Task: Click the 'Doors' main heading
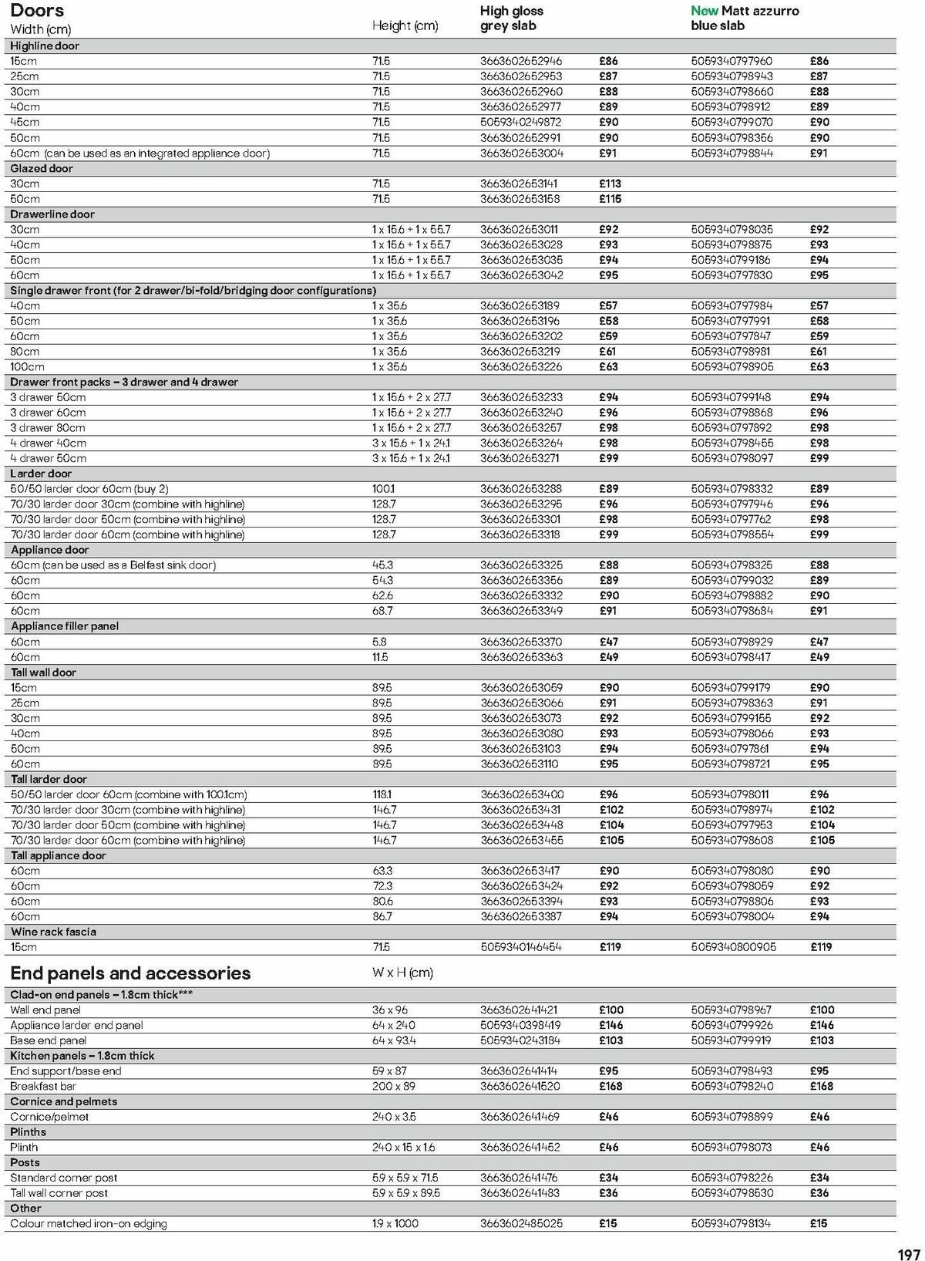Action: click(37, 11)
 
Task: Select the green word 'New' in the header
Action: click(704, 11)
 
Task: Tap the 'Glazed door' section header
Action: click(42, 168)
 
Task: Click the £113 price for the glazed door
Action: click(609, 184)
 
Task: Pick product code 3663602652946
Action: click(521, 61)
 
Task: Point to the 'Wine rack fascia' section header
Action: click(53, 932)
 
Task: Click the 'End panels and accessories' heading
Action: click(130, 973)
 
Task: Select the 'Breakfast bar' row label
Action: click(41, 1086)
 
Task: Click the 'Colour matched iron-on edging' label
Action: click(88, 1223)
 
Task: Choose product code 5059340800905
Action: click(733, 947)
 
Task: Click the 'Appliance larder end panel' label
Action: click(76, 1025)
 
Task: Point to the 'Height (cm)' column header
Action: click(405, 25)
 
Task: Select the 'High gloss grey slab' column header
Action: click(511, 19)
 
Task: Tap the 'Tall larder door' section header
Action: click(49, 779)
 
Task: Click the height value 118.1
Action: click(382, 794)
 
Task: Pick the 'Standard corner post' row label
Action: click(63, 1178)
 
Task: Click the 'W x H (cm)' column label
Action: click(402, 973)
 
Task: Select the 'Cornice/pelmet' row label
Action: click(49, 1117)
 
